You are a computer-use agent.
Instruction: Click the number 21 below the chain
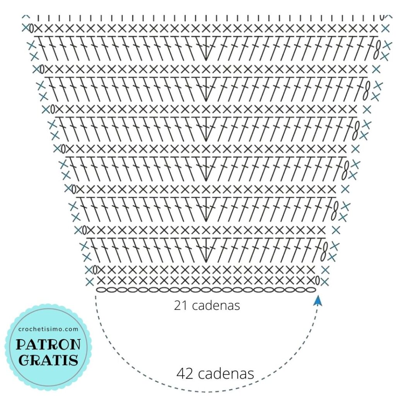[x=180, y=306]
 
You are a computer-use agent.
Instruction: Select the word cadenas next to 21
[x=216, y=306]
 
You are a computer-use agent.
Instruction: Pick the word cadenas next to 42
[x=226, y=373]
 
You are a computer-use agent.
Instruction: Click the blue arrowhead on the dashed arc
[x=318, y=300]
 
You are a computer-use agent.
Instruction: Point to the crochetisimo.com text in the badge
[x=48, y=329]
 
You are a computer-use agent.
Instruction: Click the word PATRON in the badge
[x=48, y=344]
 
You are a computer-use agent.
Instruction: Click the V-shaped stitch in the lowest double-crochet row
[x=206, y=250]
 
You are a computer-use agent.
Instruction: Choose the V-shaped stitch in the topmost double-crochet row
[x=206, y=48]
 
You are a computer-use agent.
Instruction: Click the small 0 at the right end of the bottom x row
[x=317, y=281]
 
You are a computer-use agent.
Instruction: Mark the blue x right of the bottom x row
[x=324, y=281]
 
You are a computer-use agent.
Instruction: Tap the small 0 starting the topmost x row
[x=31, y=28]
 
